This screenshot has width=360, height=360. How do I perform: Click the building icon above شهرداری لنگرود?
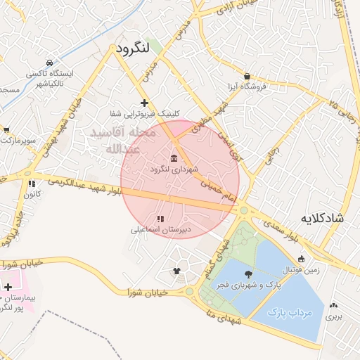coord(174,157)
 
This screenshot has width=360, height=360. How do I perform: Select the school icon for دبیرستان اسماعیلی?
coord(161,218)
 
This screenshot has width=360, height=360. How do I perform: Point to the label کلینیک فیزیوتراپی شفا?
coord(144,113)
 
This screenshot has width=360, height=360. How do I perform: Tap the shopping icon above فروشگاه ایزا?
coord(247,76)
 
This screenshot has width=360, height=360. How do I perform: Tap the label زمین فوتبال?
coord(300,270)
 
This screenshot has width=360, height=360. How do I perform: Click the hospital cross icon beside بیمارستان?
coord(8,287)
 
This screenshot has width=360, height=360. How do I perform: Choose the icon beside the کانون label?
coord(31,184)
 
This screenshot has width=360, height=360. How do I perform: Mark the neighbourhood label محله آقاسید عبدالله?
coord(115,141)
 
